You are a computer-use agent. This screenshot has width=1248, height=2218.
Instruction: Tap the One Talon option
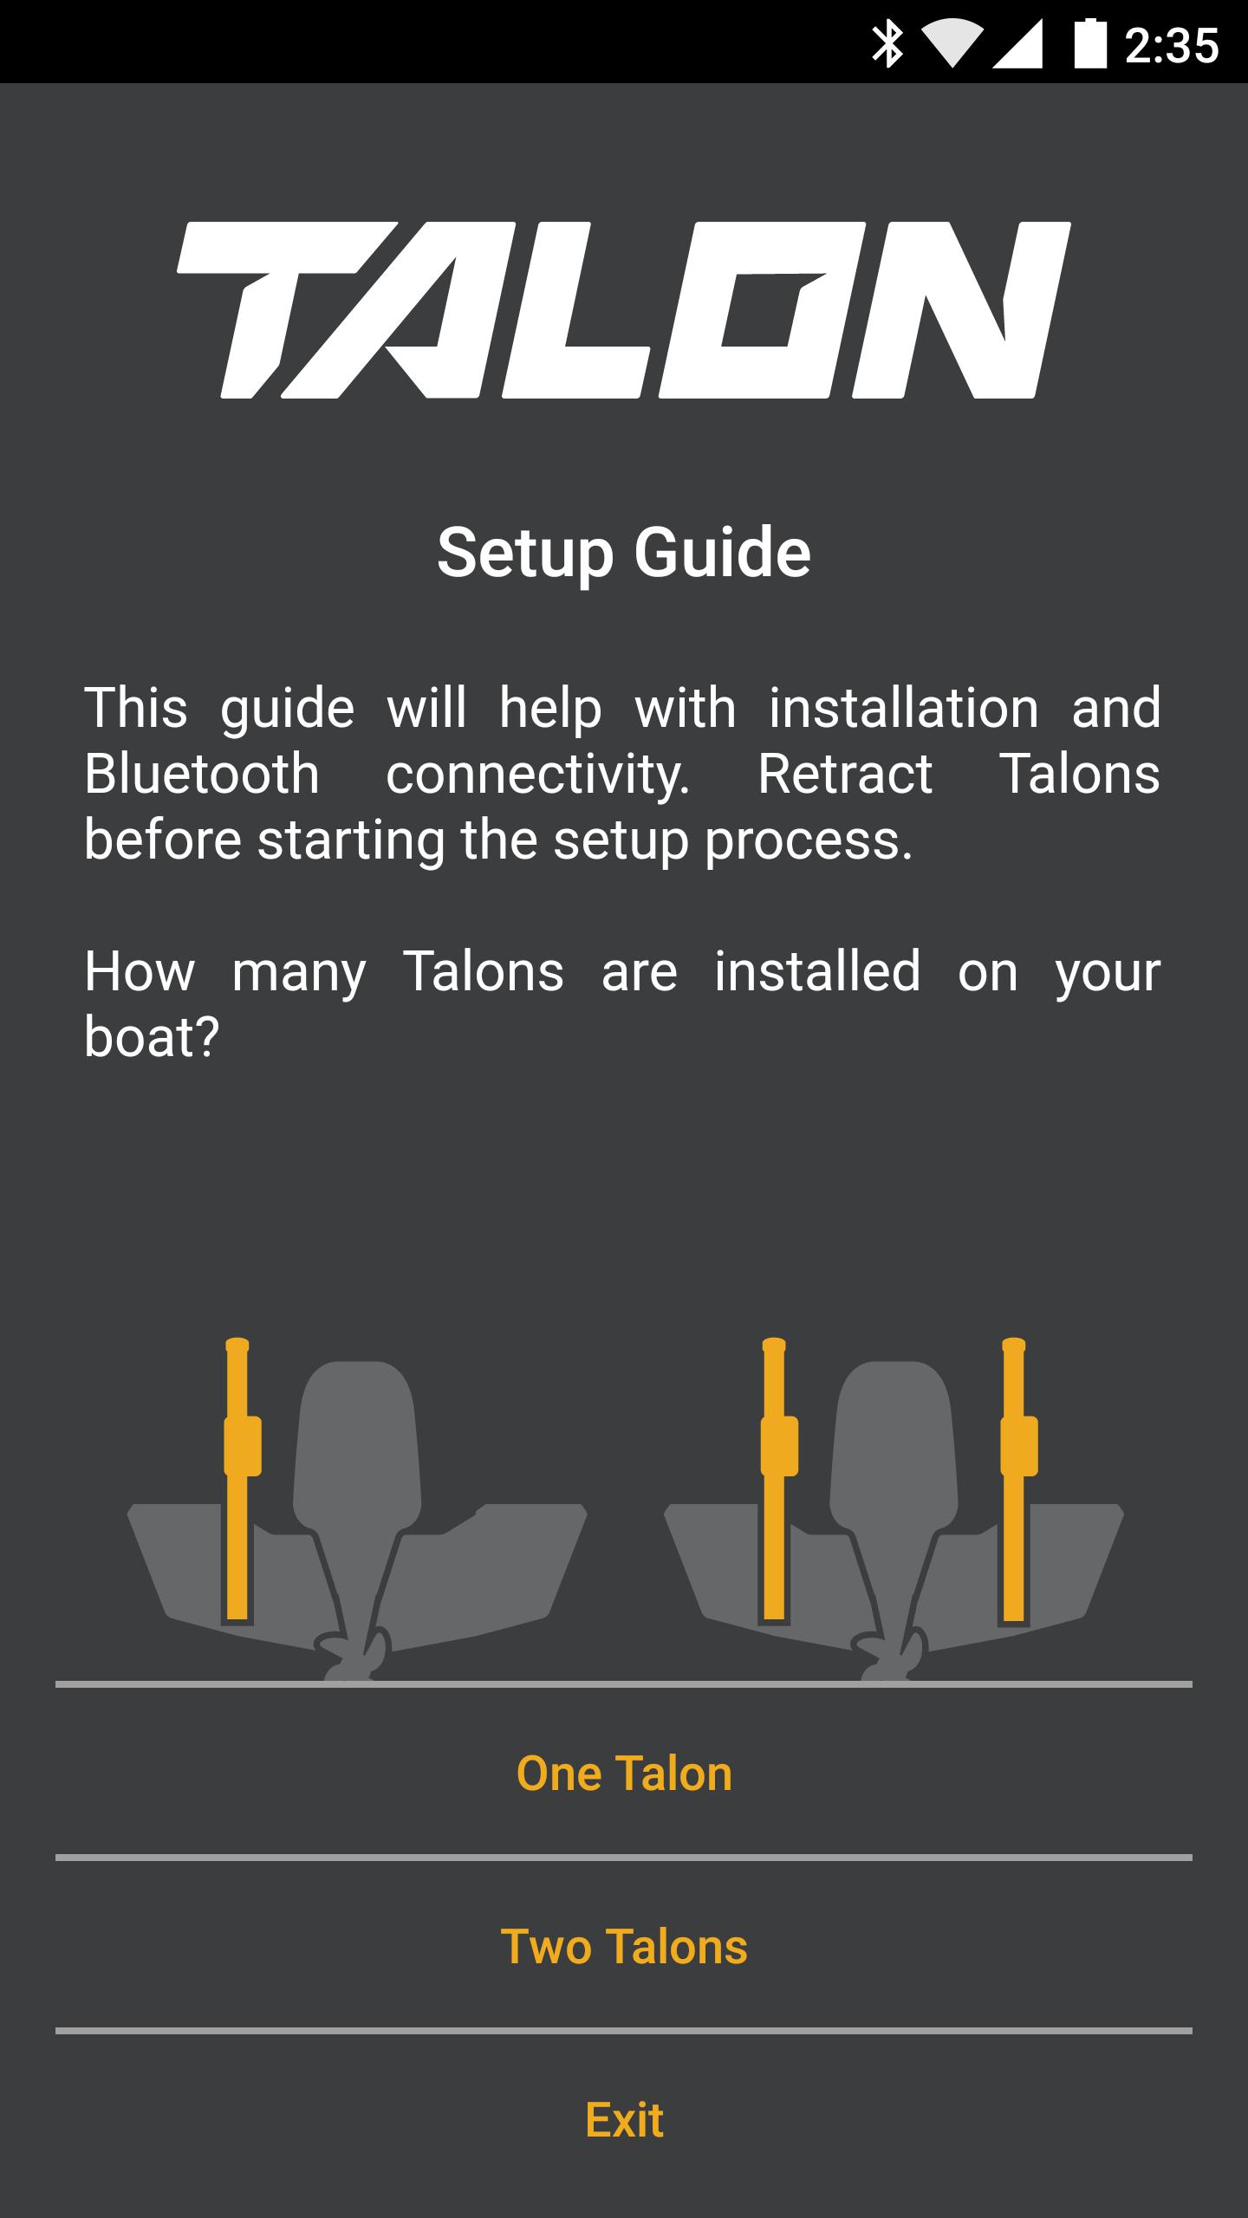tap(624, 1774)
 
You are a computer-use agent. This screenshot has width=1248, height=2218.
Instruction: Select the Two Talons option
tap(624, 1947)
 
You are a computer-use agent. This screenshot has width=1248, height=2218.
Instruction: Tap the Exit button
tap(624, 2120)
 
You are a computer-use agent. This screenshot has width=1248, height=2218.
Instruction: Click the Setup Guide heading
tap(624, 554)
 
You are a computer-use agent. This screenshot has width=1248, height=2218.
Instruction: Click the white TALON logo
tap(624, 310)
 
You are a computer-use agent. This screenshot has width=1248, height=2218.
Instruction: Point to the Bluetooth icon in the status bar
tap(887, 44)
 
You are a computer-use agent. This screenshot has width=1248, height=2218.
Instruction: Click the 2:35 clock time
tap(1172, 45)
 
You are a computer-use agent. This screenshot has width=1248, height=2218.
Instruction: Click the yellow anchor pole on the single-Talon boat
tap(239, 1479)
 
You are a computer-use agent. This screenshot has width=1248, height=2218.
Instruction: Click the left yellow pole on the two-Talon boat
tap(777, 1479)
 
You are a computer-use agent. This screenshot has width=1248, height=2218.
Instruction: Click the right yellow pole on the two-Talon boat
tap(1017, 1479)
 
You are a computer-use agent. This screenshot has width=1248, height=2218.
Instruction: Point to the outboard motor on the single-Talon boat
tap(356, 1508)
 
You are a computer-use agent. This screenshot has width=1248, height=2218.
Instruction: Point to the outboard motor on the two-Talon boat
tap(894, 1508)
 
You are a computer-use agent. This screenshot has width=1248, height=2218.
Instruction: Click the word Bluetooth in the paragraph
tap(202, 774)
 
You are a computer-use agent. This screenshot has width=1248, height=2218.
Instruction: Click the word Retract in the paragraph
tap(845, 774)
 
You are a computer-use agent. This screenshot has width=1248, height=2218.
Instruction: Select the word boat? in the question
tap(152, 1036)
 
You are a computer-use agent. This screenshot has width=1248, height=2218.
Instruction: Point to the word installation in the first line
tap(904, 708)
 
